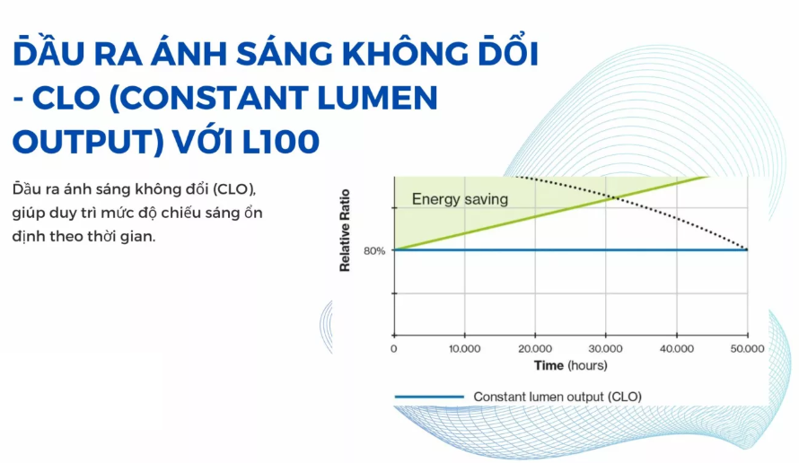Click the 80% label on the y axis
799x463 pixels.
[374, 250]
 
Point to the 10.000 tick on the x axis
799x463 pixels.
[464, 349]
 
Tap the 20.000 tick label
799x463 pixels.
[535, 349]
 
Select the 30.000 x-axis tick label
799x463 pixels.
[606, 349]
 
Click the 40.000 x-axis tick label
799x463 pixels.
[676, 349]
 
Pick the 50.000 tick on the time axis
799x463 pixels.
[747, 349]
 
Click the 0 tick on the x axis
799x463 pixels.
[394, 349]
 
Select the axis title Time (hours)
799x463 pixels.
[570, 365]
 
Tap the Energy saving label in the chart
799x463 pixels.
[460, 199]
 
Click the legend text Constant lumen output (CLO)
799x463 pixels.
[558, 396]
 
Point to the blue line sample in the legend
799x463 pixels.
[428, 396]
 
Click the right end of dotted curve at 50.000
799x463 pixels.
[747, 249]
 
